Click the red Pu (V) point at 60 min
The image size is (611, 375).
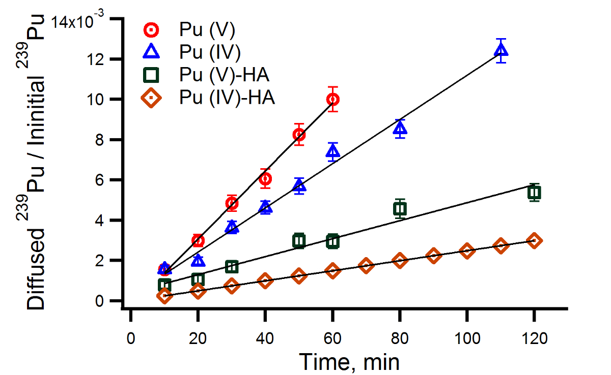point(332,99)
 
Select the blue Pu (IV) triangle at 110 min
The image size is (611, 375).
point(501,50)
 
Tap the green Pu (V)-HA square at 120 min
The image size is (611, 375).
point(534,193)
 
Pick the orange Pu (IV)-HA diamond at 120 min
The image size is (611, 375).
point(534,240)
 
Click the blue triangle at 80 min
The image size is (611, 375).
point(400,129)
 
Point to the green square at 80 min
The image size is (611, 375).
point(400,208)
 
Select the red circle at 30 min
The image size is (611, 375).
point(232,204)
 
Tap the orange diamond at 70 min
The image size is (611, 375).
point(366,265)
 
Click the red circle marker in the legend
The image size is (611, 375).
point(152,30)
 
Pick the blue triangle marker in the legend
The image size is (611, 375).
point(152,52)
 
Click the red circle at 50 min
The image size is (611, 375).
point(299,135)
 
